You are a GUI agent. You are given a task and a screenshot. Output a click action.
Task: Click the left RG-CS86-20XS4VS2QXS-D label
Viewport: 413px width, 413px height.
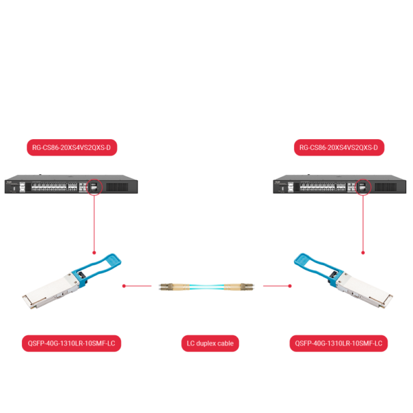click(x=72, y=147)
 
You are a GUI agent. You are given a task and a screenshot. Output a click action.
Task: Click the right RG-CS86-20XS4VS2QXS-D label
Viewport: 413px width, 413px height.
click(x=339, y=147)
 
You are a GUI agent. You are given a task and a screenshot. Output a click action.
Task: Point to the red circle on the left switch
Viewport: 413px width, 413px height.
click(x=94, y=186)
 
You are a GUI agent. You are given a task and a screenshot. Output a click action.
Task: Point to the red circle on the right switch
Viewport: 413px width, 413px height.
click(x=363, y=186)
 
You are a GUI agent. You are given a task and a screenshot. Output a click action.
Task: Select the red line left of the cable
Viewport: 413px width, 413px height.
click(x=138, y=285)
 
